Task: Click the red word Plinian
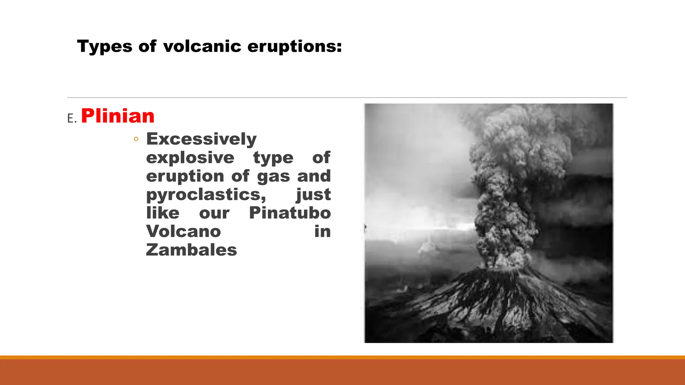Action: (117, 116)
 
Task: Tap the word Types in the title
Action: (105, 46)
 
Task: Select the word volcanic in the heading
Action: (202, 46)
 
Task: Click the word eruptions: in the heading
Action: (295, 46)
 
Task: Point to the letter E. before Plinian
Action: (72, 119)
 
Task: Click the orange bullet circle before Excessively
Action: (136, 139)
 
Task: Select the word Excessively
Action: (201, 139)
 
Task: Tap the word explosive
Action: (190, 157)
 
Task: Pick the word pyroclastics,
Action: (206, 195)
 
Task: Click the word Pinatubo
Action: (290, 213)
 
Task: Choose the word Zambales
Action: (191, 250)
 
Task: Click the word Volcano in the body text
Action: (183, 231)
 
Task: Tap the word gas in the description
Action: (273, 176)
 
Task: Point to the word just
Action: (313, 195)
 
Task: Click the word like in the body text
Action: (163, 213)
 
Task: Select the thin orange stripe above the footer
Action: (342, 357)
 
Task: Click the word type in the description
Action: (273, 157)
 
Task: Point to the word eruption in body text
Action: (185, 176)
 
